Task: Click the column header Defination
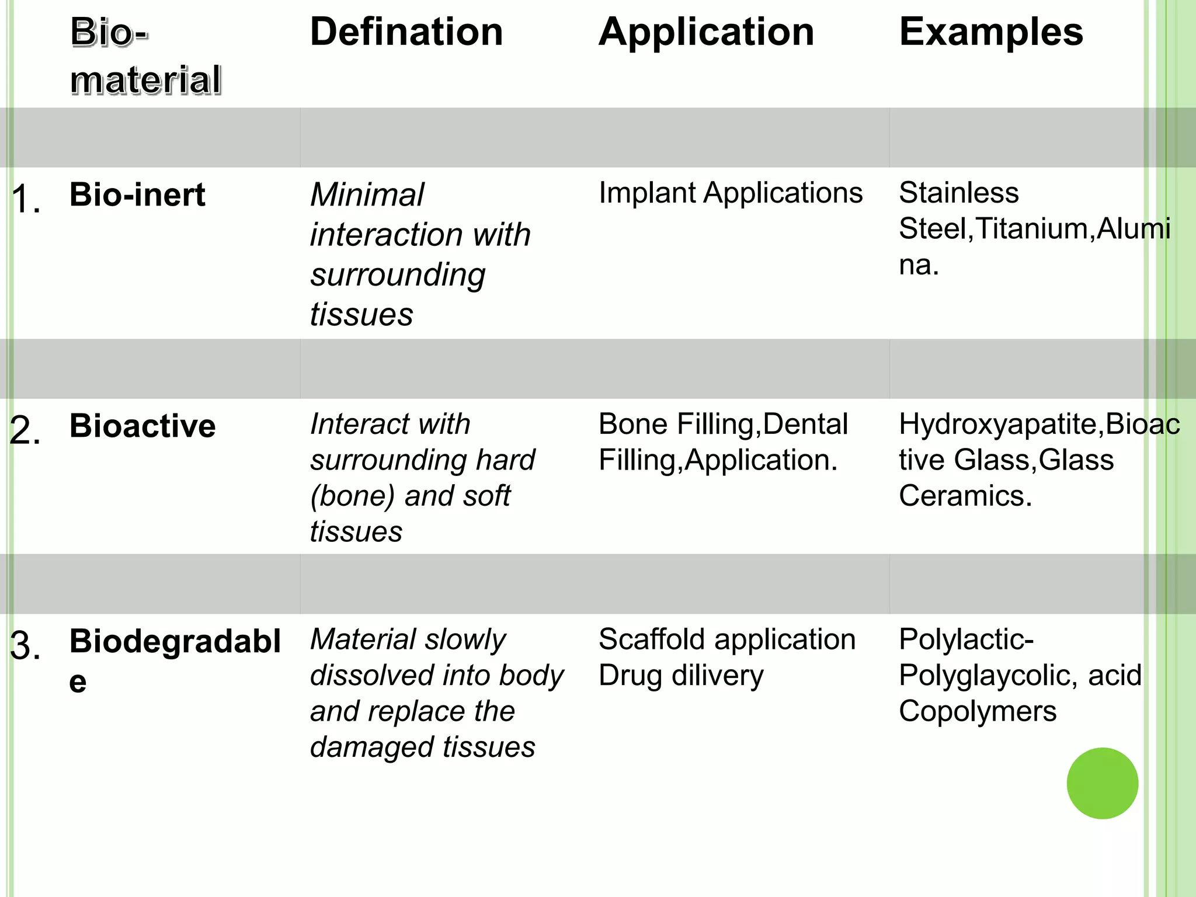(406, 32)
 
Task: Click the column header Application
(706, 32)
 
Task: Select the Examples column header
(991, 32)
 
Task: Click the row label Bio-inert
(137, 194)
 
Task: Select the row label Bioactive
(142, 426)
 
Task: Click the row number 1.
(26, 199)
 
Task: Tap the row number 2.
(26, 430)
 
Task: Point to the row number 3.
(26, 646)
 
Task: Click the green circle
(1102, 783)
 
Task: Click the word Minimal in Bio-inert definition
(367, 195)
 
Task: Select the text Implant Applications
(730, 193)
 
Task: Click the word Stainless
(958, 193)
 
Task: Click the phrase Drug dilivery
(681, 676)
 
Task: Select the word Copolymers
(977, 712)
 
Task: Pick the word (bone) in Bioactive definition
(353, 496)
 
